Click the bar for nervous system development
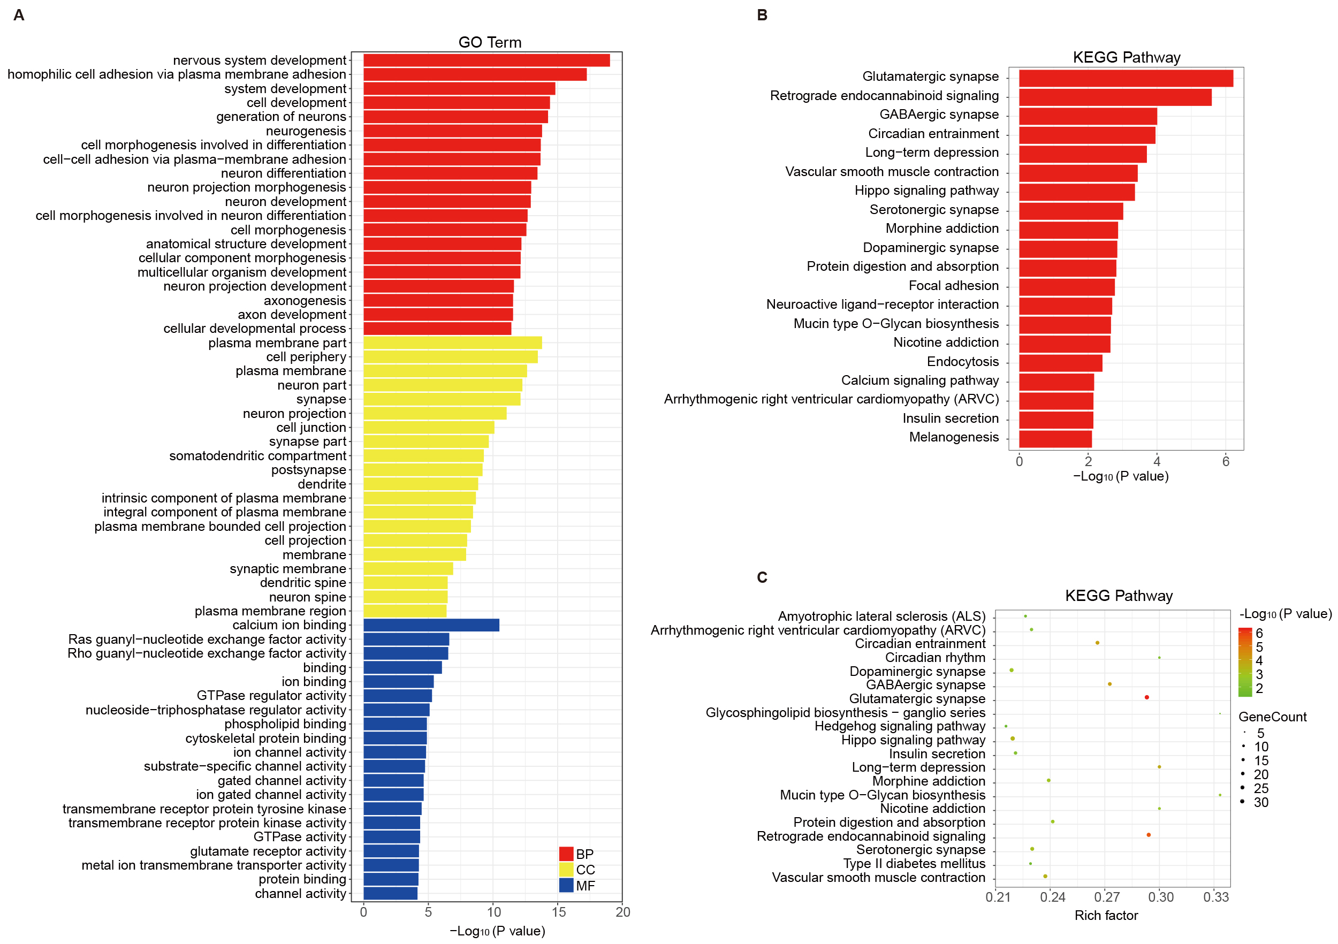pos(486,60)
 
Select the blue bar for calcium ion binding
pos(431,625)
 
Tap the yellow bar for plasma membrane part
pos(452,342)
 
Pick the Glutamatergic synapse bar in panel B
pos(1126,78)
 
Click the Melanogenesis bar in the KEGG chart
pos(1055,438)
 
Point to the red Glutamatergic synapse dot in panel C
pos(1146,697)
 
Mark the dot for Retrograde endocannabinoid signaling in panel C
pos(1148,835)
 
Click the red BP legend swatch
pos(566,854)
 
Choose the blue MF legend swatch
pos(566,885)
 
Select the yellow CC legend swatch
pos(566,870)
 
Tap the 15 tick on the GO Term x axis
pos(558,912)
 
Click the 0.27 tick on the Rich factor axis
pos(1107,897)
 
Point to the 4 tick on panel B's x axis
pos(1157,461)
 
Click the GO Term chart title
pos(490,42)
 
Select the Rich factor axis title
pos(1106,916)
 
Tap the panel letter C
pos(762,577)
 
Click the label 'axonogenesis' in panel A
pos(305,301)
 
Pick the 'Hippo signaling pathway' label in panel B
pos(926,191)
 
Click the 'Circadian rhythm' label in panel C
pos(935,657)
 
